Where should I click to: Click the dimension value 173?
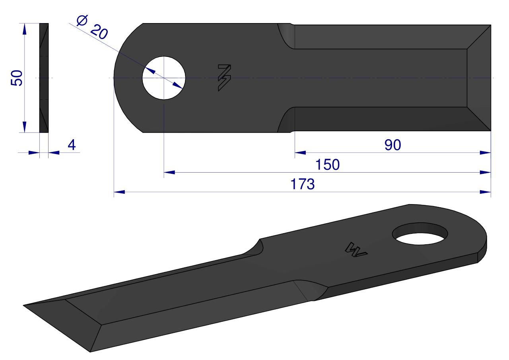pyautogui.click(x=303, y=184)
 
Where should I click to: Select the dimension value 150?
pyautogui.click(x=327, y=165)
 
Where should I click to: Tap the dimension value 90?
pyautogui.click(x=392, y=145)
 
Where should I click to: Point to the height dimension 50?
pyautogui.click(x=17, y=78)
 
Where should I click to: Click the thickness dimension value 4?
pyautogui.click(x=72, y=145)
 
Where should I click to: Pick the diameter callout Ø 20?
pyautogui.click(x=92, y=27)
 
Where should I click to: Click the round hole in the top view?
pyautogui.click(x=164, y=78)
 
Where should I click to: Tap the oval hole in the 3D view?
pyautogui.click(x=420, y=234)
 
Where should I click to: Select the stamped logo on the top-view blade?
pyautogui.click(x=225, y=78)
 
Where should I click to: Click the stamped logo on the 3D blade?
pyautogui.click(x=356, y=250)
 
